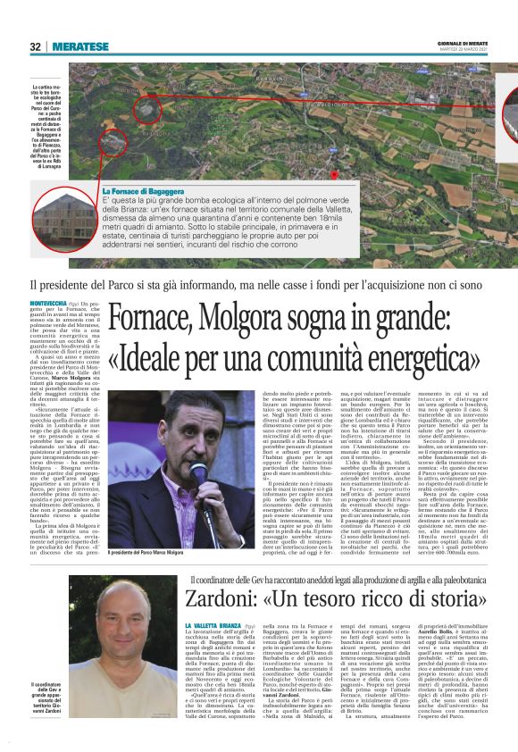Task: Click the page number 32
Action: tap(35, 46)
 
